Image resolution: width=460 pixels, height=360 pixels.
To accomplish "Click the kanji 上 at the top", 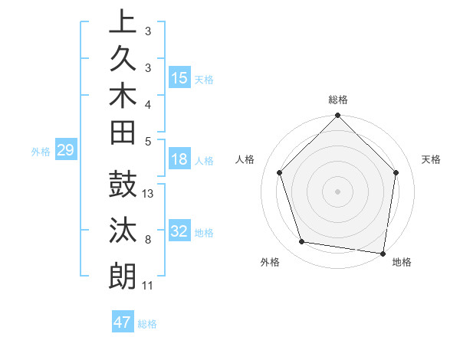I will [x=123, y=21].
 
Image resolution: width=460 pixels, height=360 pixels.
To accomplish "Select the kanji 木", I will [x=123, y=97].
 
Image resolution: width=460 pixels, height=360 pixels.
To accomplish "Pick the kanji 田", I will [x=123, y=133].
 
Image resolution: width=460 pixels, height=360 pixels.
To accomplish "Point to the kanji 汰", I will [x=123, y=231].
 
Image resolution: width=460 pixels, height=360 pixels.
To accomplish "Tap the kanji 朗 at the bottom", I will [x=123, y=276].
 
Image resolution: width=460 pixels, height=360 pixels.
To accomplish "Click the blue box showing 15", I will [x=179, y=77].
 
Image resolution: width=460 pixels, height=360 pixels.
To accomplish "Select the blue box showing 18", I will [x=179, y=159].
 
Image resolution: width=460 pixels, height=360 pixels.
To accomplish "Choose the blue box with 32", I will [x=179, y=231].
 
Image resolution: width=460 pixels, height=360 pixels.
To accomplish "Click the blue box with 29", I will [x=65, y=150].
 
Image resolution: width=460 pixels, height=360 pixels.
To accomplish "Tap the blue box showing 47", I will [x=123, y=322].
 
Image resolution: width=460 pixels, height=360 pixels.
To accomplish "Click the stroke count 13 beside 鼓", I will [x=149, y=194].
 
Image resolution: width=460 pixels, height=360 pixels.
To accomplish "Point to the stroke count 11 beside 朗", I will [x=147, y=286].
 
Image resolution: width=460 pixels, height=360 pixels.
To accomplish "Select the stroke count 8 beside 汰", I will [x=147, y=241].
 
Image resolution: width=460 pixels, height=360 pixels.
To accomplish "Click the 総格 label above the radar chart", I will [x=338, y=100].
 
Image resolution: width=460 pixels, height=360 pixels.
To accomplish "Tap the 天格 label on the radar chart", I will [x=431, y=159].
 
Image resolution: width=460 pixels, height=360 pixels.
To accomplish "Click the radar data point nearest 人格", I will [x=280, y=172].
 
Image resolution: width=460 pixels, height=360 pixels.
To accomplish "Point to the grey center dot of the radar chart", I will [x=338, y=191].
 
